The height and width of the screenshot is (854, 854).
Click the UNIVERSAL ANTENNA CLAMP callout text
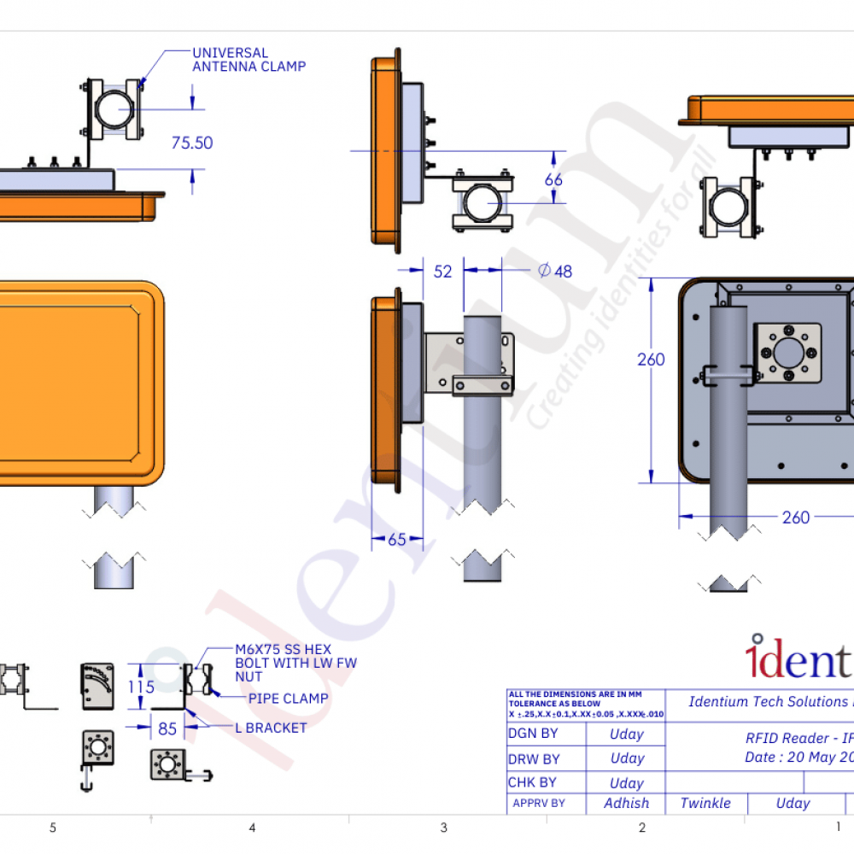click(x=249, y=59)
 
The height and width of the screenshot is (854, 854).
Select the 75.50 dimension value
click(x=192, y=143)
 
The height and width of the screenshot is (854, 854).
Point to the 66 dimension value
click(x=553, y=180)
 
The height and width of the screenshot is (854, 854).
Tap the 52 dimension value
click(x=442, y=272)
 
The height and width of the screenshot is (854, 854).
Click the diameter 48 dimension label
click(x=555, y=272)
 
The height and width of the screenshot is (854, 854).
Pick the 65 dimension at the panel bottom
click(x=397, y=540)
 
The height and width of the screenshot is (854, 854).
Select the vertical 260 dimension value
click(x=651, y=360)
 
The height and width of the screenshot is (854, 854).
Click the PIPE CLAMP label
click(x=288, y=699)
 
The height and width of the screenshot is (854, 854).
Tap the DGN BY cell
click(x=532, y=734)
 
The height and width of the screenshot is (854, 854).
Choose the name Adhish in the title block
click(x=626, y=803)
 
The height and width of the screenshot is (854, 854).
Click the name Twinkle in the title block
click(x=705, y=803)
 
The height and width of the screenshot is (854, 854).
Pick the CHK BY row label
click(x=532, y=782)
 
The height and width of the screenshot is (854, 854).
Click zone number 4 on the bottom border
click(x=252, y=828)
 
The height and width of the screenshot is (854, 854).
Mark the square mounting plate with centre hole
click(x=787, y=353)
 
